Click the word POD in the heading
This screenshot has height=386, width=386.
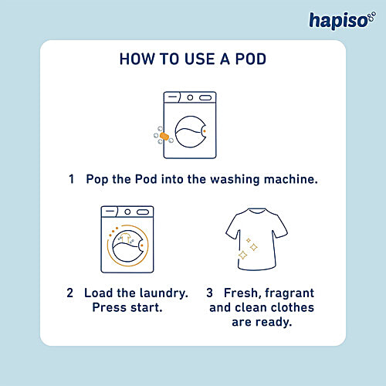pyautogui.click(x=251, y=59)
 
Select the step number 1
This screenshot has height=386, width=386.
pyautogui.click(x=71, y=179)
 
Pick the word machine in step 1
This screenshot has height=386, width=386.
pyautogui.click(x=290, y=179)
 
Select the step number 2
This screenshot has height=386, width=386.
pyautogui.click(x=69, y=293)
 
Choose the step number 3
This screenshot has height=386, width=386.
pyautogui.click(x=209, y=293)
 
